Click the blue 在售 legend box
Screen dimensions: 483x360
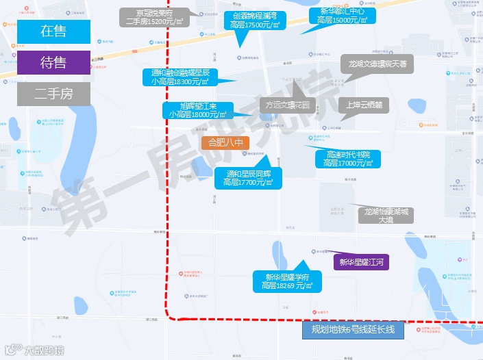pyautogui.click(x=54, y=31)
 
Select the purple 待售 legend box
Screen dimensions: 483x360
pyautogui.click(x=54, y=63)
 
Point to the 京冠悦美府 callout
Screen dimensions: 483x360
pyautogui.click(x=154, y=17)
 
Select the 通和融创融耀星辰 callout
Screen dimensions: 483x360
pyautogui.click(x=179, y=77)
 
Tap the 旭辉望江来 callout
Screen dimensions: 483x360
pyautogui.click(x=199, y=110)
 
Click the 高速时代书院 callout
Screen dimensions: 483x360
pyautogui.click(x=348, y=159)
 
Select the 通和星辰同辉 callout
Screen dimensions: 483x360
pyautogui.click(x=248, y=179)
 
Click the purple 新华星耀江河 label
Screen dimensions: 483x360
pyautogui.click(x=362, y=261)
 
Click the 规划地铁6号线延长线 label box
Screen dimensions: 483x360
pyautogui.click(x=353, y=330)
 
